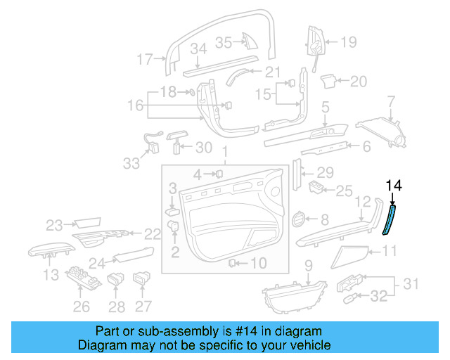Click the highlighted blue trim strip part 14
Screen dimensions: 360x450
point(388,219)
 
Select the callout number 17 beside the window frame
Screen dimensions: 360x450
point(144,60)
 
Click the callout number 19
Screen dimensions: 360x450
point(349,42)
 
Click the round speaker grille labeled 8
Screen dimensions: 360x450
point(299,220)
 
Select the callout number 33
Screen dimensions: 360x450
point(131,163)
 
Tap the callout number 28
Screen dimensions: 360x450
point(117,306)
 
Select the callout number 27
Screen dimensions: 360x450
point(143,306)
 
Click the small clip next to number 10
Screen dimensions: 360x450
point(232,263)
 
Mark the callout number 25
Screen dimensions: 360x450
point(343,191)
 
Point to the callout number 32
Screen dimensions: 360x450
point(378,297)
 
